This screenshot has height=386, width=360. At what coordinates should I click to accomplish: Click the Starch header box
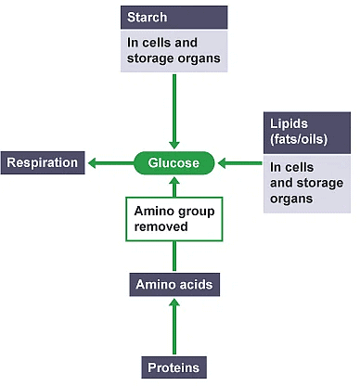coord(174,18)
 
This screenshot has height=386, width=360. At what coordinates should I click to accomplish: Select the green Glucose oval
coord(174,164)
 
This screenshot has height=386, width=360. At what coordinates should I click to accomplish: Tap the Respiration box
coord(44,164)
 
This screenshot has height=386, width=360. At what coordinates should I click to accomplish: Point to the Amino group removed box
coord(174,218)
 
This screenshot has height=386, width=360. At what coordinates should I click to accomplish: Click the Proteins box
coord(174,367)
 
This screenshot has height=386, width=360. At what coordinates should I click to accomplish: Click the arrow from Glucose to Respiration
coord(109,164)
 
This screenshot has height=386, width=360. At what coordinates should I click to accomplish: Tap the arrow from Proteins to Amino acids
coord(174,326)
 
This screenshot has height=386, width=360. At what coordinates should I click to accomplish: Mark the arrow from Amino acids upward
coord(174,257)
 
